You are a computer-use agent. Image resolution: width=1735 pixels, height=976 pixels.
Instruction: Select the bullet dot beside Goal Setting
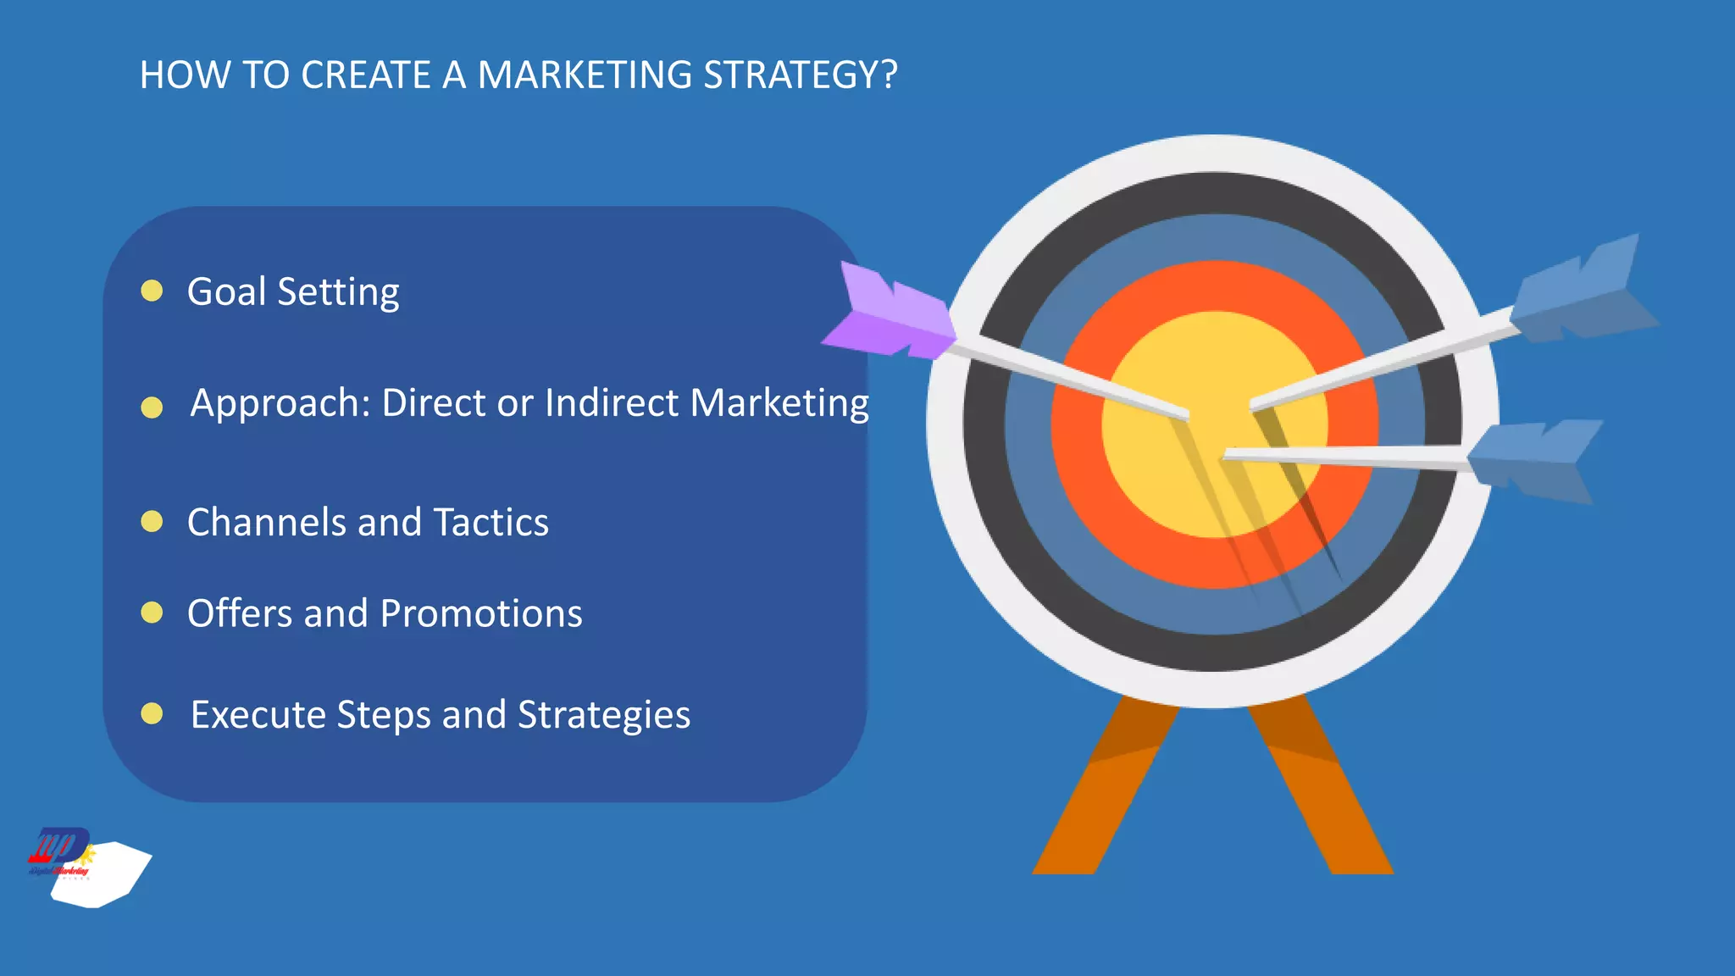point(152,291)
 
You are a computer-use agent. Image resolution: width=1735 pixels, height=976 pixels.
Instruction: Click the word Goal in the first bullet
point(226,291)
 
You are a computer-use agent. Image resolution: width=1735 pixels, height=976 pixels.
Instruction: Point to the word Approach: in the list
point(280,404)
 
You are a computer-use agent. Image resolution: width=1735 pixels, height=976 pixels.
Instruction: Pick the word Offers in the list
point(238,613)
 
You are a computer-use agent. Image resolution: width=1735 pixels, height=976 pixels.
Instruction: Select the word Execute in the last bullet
point(258,714)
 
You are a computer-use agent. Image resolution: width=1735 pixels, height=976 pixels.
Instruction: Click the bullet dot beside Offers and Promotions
point(152,612)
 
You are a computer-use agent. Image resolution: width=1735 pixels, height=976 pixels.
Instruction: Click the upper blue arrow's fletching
point(1581,292)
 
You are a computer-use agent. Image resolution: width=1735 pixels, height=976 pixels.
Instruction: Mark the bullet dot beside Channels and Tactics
point(152,521)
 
